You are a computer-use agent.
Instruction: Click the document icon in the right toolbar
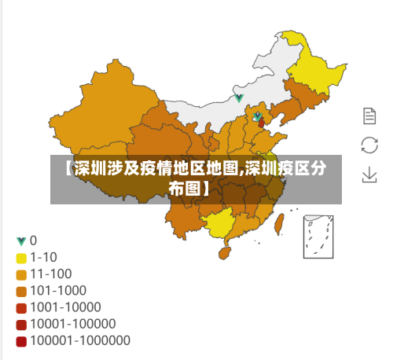pos(369,116)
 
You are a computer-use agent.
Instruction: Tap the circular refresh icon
pos(369,145)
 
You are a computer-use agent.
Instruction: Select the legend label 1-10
pos(43,256)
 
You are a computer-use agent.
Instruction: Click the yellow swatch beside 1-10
pos(21,257)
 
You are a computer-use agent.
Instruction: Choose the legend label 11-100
pos(51,274)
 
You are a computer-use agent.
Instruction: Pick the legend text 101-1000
pos(59,290)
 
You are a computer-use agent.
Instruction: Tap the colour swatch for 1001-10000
pos(21,307)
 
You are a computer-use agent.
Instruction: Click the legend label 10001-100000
pos(73,324)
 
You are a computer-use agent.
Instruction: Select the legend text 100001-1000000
pos(80,340)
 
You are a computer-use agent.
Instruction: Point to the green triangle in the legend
pos(21,241)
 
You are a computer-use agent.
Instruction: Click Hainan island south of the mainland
pos(224,252)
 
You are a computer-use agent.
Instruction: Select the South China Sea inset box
pos(319,235)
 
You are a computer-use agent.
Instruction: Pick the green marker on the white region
pos(239,98)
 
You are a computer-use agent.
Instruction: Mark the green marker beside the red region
pos(256,116)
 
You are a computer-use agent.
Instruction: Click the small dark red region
pos(261,123)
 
